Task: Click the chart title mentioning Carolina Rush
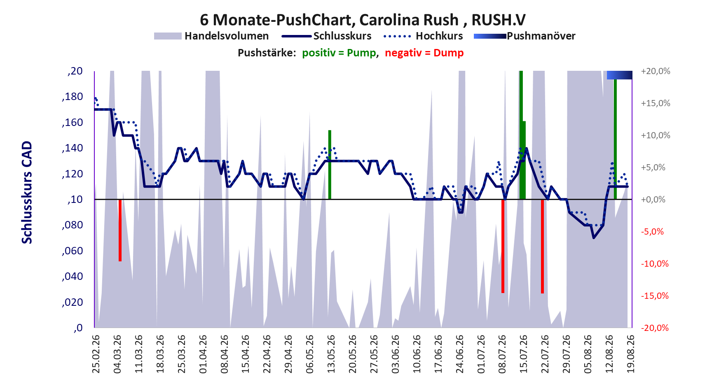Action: (363, 19)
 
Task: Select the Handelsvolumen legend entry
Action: (211, 36)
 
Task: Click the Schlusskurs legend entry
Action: (327, 36)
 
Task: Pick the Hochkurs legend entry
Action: (423, 36)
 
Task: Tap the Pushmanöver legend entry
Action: (525, 36)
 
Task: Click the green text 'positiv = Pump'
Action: (339, 53)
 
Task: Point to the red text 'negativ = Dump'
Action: (424, 53)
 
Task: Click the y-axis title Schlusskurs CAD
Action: (27, 192)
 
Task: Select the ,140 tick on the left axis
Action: (73, 148)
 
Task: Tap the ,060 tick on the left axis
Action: (73, 251)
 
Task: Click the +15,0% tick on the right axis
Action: (656, 103)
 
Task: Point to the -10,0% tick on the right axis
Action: (655, 264)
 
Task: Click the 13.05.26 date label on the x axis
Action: (331, 354)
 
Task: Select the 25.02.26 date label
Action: (96, 354)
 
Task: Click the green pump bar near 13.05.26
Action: (330, 165)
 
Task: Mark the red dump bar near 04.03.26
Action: (120, 230)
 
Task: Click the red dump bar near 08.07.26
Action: (503, 246)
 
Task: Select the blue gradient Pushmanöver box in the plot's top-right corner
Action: (619, 75)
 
